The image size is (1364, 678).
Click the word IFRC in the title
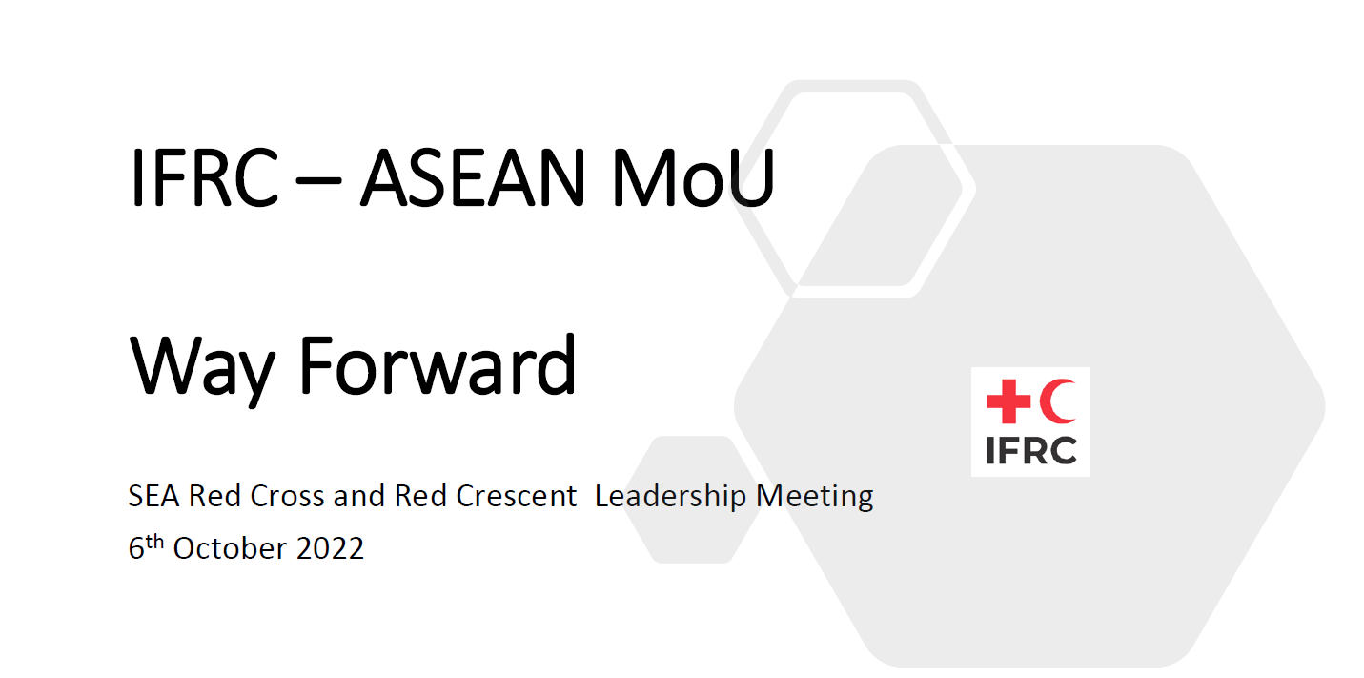pos(203,178)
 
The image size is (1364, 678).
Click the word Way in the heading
pos(200,367)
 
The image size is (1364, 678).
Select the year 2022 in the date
pos(329,549)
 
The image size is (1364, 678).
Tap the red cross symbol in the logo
pos(1008,401)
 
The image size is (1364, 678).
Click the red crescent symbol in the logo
pos(1058,401)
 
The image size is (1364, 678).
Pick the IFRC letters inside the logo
pos(1030,450)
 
